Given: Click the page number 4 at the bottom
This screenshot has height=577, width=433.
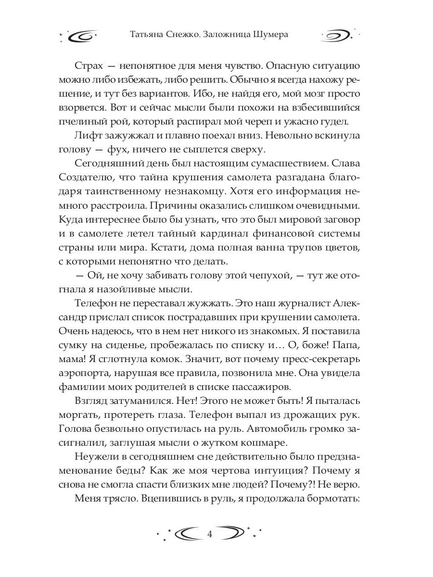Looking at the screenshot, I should click(209, 534).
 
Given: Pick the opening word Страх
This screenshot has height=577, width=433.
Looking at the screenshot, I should click(91, 66).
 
